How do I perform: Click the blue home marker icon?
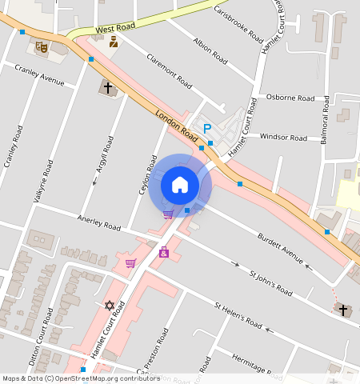point(180,186)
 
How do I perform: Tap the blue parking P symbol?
point(207,128)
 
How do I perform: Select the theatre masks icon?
point(42,48)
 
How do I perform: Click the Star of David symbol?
point(110,306)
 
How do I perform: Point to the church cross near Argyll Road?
point(106,86)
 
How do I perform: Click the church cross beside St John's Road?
point(343,310)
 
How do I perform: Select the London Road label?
point(171,123)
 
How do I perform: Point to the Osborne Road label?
point(290,97)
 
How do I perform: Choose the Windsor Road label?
point(284,138)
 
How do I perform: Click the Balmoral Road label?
point(325,121)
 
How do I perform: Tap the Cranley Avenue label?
point(39,74)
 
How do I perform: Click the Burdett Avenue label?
point(281,248)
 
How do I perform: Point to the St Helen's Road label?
point(238,315)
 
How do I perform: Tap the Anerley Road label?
point(98,222)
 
